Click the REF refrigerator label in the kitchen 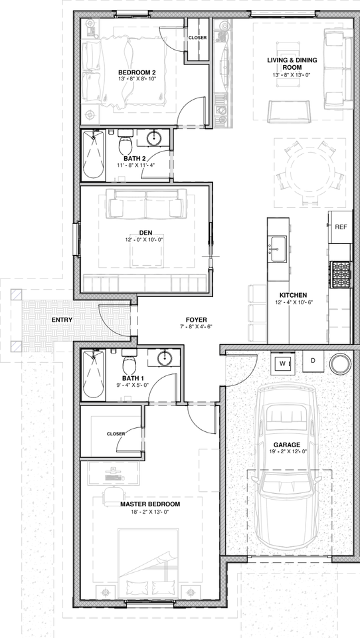[341, 227]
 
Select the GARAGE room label [287, 445]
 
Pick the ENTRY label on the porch [62, 320]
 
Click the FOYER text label [176, 319]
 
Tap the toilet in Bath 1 [130, 364]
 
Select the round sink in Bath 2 [155, 138]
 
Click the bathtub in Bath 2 [92, 154]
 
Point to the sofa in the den [146, 204]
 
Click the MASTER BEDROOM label [150, 504]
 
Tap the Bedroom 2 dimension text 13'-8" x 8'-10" [137, 79]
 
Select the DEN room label [146, 233]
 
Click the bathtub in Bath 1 [92, 375]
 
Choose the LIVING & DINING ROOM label [292, 64]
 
